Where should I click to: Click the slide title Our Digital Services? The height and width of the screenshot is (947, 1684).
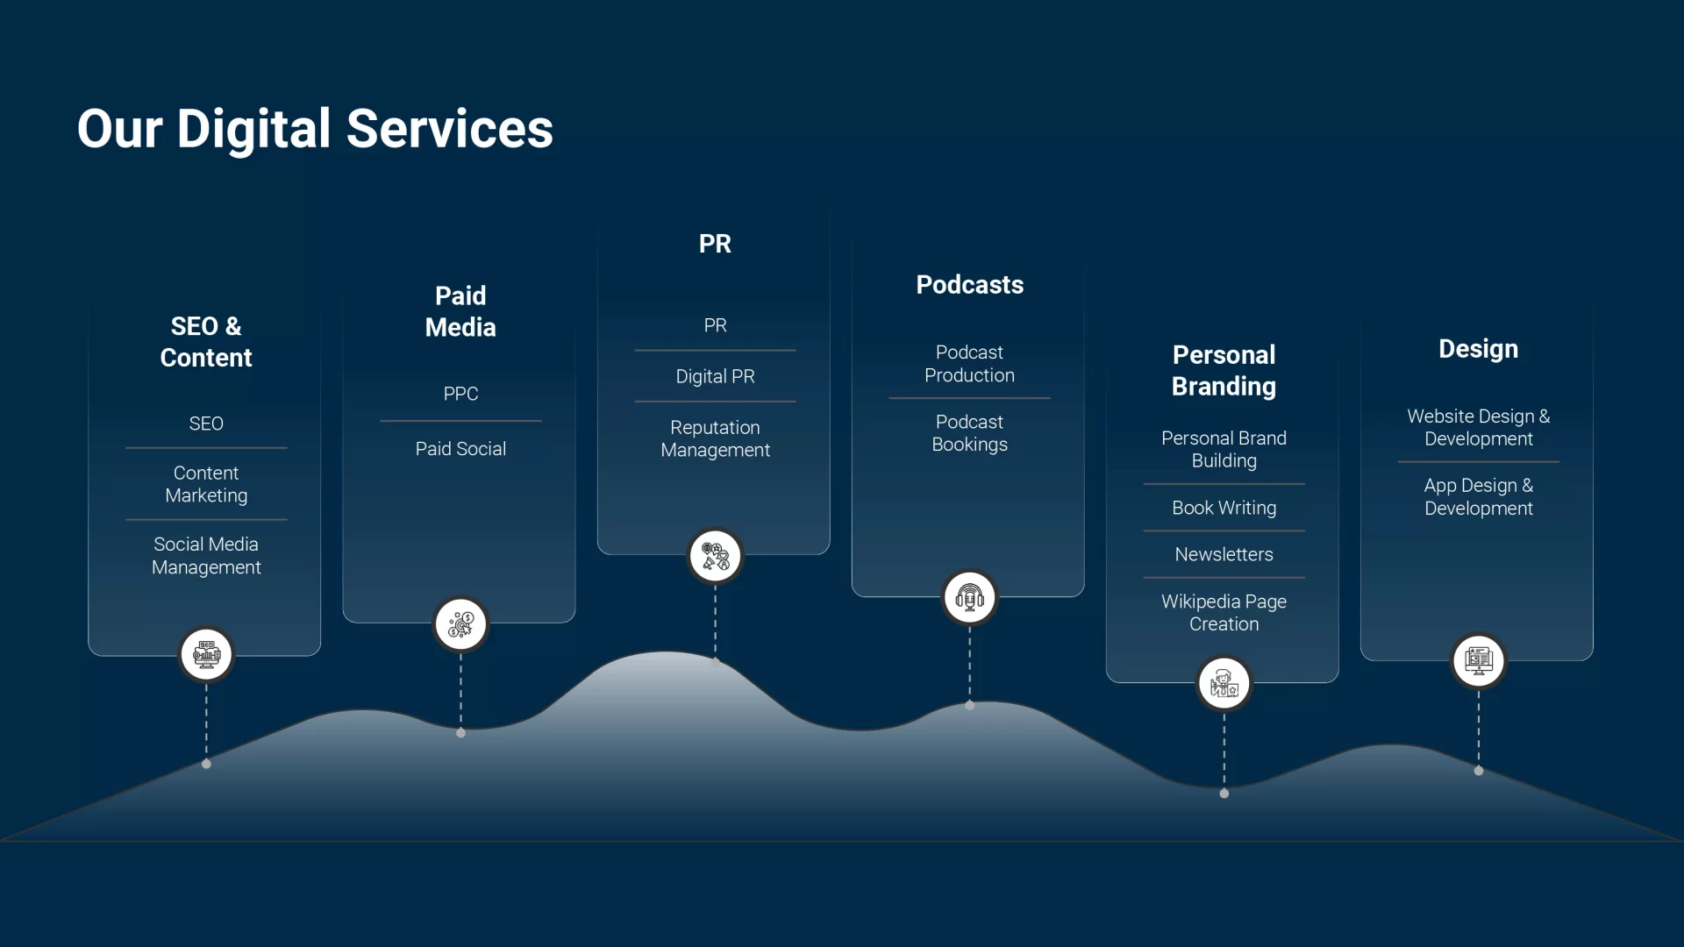(315, 129)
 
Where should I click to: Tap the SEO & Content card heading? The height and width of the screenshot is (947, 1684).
(206, 342)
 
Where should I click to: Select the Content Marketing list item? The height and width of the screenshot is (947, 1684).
(206, 484)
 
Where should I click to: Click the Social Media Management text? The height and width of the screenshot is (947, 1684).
(206, 556)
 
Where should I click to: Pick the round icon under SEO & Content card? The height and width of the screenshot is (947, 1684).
(206, 654)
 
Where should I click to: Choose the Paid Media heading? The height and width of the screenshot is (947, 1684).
(460, 311)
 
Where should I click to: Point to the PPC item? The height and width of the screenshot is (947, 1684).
(460, 394)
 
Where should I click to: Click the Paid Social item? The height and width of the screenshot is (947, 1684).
(460, 449)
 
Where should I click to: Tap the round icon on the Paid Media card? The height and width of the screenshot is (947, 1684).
(460, 624)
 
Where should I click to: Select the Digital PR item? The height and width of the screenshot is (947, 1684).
(715, 376)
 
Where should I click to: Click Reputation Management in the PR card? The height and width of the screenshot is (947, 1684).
(715, 438)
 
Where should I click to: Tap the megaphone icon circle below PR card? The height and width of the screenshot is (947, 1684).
(715, 556)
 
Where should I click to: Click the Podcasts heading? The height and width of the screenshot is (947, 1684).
(969, 285)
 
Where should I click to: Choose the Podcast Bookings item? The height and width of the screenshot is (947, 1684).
(969, 433)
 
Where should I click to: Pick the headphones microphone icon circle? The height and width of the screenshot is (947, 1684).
(969, 598)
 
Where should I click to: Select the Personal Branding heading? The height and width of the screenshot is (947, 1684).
(1224, 370)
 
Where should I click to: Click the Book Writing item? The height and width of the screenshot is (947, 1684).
(1224, 508)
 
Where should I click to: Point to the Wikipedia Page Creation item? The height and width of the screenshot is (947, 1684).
(1224, 613)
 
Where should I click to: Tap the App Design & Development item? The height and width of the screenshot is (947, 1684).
(1478, 497)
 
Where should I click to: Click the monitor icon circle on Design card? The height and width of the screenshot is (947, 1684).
(1478, 660)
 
